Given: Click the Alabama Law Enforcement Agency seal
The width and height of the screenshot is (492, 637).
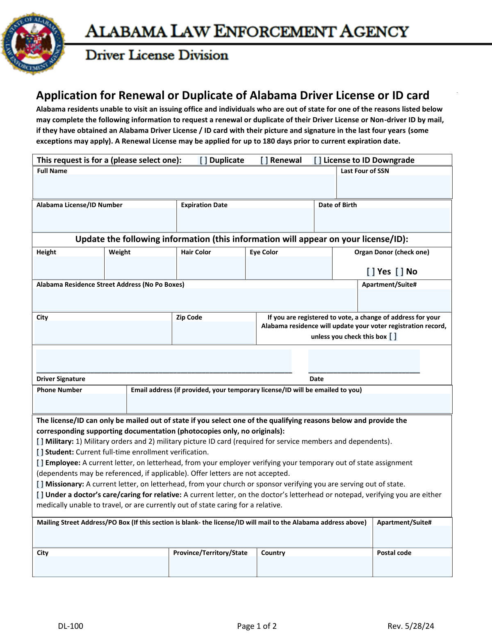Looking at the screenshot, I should (x=33, y=43).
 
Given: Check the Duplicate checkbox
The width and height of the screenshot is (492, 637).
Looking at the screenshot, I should (x=203, y=160).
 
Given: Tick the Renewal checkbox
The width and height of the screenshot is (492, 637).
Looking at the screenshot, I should (x=264, y=160).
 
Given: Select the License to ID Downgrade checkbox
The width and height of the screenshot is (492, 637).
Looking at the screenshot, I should (x=317, y=160).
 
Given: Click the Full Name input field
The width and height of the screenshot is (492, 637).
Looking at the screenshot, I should (x=184, y=186).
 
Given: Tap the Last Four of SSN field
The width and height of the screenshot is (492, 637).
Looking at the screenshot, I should (x=394, y=187).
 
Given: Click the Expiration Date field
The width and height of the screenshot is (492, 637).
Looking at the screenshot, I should (x=245, y=220).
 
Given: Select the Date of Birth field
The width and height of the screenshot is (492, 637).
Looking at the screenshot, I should (x=383, y=220).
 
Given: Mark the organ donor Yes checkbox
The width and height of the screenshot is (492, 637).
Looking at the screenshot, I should (x=371, y=272).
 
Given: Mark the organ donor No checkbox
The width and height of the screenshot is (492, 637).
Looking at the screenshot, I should (x=399, y=272).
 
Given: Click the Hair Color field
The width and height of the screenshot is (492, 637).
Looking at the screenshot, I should (x=211, y=267).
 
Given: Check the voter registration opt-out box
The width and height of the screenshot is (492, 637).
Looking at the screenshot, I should (x=393, y=337).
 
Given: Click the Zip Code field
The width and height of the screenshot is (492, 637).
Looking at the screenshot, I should (x=214, y=332).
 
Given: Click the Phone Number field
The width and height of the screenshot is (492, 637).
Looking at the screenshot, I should (x=80, y=403).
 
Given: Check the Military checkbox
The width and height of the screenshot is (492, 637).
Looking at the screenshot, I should (x=40, y=442).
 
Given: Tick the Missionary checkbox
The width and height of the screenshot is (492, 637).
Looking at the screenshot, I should (x=40, y=484).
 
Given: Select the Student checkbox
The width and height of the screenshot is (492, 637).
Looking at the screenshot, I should (x=40, y=452).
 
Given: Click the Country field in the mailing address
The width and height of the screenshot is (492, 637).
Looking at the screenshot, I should (x=314, y=566).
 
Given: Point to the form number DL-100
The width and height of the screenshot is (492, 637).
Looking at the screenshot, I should (x=71, y=626).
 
